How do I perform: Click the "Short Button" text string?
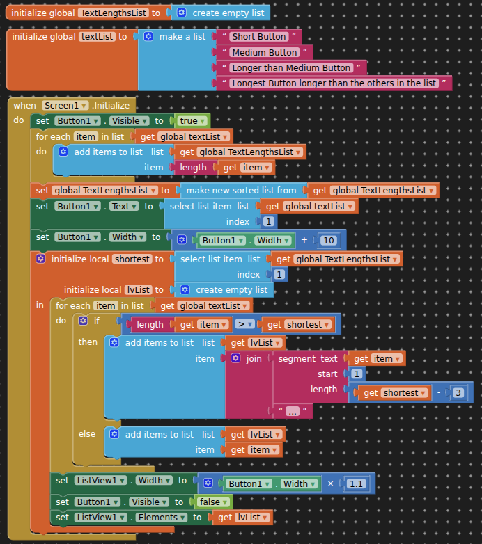point(258,37)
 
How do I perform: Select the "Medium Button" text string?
point(265,52)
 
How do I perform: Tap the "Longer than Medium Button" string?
point(291,68)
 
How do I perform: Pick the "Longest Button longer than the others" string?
point(334,83)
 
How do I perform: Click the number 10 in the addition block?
point(329,241)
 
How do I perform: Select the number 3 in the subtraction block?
point(458,393)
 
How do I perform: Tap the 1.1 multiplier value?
point(356,484)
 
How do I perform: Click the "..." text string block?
point(292,412)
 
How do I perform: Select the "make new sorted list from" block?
point(241,191)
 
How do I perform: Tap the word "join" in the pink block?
point(254,359)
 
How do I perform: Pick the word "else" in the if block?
point(87,434)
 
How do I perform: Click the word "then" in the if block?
point(88,342)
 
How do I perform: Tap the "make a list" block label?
point(182,37)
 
